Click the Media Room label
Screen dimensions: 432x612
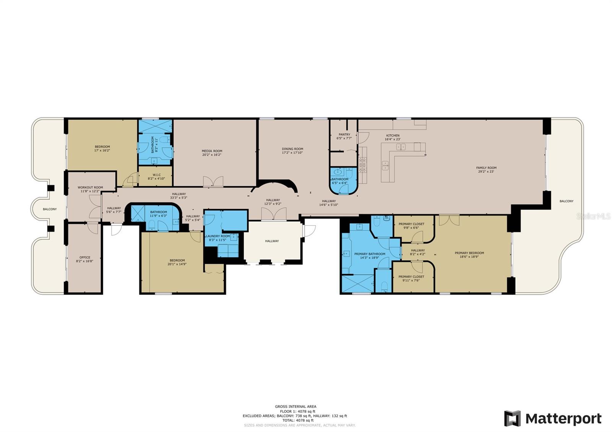coord(212,151)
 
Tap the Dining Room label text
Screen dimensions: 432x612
coord(292,149)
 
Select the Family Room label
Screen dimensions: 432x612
coord(486,168)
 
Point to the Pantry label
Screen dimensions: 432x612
coord(344,135)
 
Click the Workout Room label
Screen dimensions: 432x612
coord(90,188)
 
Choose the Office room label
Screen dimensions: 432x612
coord(85,258)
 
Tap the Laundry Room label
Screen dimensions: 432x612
coord(218,236)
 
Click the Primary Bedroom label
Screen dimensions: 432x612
coord(469,253)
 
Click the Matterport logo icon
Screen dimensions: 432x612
coord(512,419)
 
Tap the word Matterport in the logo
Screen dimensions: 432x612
coord(563,419)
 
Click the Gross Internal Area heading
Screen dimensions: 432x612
coord(295,407)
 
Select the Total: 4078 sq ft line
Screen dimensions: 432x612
coord(295,421)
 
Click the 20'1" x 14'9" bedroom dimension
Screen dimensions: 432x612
coord(177,264)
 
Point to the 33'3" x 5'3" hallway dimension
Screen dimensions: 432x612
coord(179,198)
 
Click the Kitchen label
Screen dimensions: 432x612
coord(392,136)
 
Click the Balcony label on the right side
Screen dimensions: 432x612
coord(566,201)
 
